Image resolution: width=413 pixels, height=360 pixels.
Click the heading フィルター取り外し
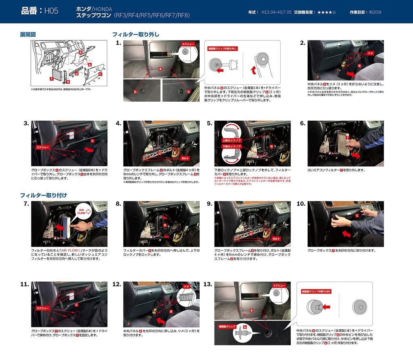pyautogui.click(x=136, y=35)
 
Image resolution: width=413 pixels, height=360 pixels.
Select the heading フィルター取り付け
pyautogui.click(x=44, y=195)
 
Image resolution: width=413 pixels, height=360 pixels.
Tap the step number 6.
pyautogui.click(x=302, y=123)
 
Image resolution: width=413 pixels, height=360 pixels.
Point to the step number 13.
pyautogui.click(x=208, y=285)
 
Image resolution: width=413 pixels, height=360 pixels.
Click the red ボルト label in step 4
pyautogui.click(x=185, y=159)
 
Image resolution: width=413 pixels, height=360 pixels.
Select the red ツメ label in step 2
pyautogui.click(x=371, y=53)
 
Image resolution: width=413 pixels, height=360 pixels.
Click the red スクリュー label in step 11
pyautogui.click(x=43, y=308)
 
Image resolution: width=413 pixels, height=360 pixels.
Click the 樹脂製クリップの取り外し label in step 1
pyautogui.click(x=222, y=48)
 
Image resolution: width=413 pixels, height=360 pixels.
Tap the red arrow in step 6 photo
pyautogui.click(x=355, y=155)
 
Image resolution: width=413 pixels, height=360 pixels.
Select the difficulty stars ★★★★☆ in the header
pyautogui.click(x=327, y=13)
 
